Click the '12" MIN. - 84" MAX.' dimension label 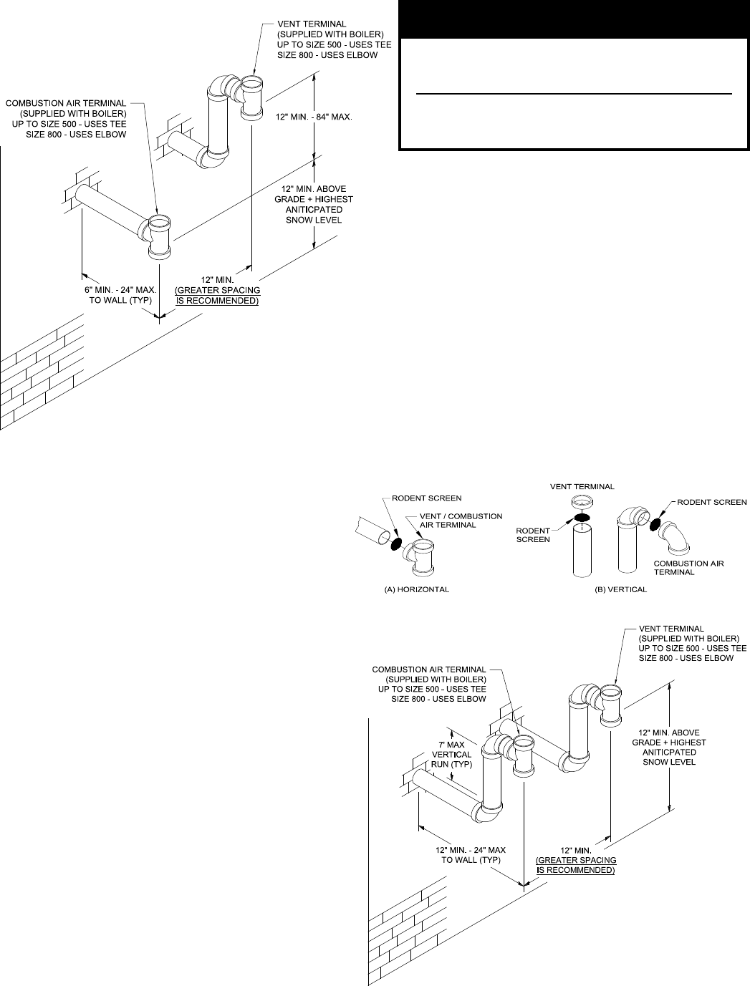point(314,117)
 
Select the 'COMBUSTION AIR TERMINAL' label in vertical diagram point(689,567)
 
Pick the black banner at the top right point(573,19)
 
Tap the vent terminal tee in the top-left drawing point(251,96)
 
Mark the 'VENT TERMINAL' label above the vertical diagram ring point(582,487)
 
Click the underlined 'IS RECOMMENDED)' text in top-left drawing point(218,301)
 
